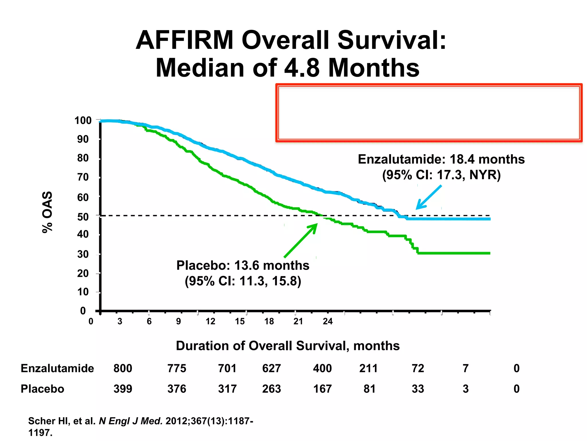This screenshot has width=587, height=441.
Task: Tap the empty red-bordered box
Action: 429,113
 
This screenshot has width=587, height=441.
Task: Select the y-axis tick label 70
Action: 83,177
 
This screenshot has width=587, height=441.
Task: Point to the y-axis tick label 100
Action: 83,121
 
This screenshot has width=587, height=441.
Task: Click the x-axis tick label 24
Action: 328,321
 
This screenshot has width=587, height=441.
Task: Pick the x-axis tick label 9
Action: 178,321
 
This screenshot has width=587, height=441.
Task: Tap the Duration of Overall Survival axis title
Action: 287,346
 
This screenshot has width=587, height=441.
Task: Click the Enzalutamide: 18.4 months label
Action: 441,159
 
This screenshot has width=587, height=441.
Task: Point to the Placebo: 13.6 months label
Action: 243,266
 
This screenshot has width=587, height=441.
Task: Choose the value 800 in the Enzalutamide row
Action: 123,368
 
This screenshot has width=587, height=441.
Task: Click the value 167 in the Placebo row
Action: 322,389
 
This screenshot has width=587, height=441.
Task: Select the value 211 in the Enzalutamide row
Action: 369,368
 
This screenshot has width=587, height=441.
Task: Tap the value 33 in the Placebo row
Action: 418,389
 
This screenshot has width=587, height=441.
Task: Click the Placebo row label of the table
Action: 42,389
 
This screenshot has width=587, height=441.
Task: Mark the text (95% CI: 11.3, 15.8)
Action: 243,281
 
